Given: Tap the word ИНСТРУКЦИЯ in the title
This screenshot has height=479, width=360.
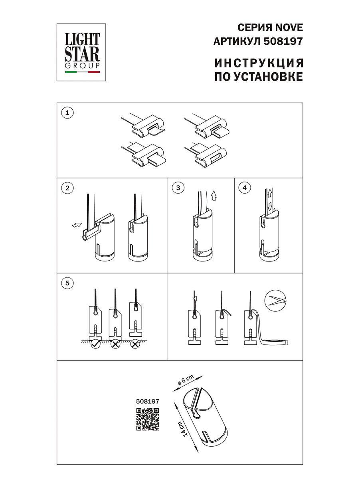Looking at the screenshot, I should (259, 63).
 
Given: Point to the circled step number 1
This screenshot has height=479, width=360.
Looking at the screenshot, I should (67, 113).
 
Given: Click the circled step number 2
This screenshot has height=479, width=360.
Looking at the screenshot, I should (67, 188).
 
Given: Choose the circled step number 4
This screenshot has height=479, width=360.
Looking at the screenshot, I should (244, 188).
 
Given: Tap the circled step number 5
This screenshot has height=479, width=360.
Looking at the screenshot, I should (67, 283).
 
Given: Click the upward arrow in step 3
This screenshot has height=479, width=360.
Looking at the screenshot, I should (214, 195).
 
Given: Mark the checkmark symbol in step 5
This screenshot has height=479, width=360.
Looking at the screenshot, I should (95, 344).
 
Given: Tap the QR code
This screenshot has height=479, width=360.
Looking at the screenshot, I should (148, 420).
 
